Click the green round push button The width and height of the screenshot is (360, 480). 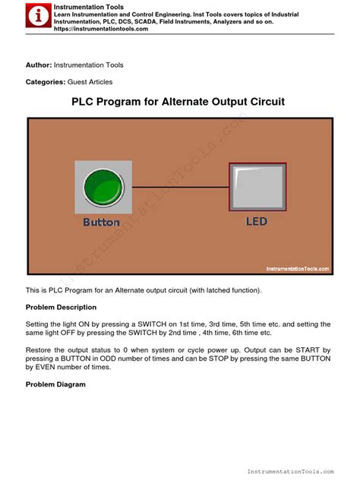(x=102, y=186)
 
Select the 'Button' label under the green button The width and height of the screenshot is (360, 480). (x=102, y=222)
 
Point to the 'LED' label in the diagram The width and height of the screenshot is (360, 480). (x=257, y=222)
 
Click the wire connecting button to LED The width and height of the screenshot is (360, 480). (x=179, y=186)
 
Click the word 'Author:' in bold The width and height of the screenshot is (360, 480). (x=39, y=65)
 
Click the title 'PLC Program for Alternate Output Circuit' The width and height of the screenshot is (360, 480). (x=178, y=101)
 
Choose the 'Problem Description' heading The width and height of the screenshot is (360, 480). (x=62, y=307)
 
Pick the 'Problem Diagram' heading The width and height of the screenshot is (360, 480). (x=55, y=384)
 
